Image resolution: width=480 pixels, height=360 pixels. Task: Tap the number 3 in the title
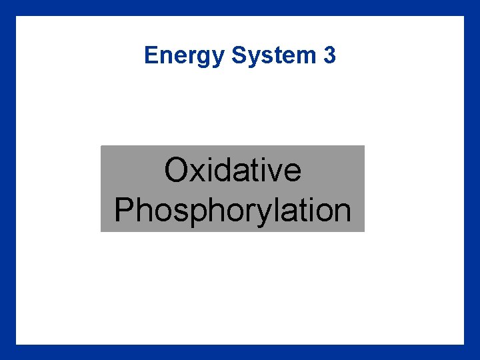(x=329, y=55)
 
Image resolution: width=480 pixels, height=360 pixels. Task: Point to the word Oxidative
(x=233, y=170)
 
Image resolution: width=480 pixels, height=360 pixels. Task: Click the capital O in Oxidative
(x=177, y=170)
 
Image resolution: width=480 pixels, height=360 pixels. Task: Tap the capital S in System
(x=239, y=55)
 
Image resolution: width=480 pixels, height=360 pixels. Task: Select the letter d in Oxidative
(x=223, y=170)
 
